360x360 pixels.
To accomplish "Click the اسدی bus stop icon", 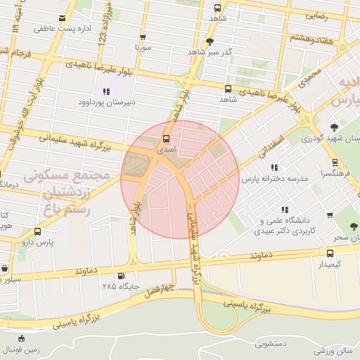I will point(167,139).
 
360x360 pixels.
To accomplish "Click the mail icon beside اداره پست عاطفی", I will point(63,18).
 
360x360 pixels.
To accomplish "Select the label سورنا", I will point(144,49).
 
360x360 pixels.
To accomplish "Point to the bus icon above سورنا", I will point(143,37).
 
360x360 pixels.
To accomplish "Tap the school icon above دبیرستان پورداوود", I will point(106,91).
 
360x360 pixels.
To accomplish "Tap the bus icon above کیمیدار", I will point(330,252).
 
